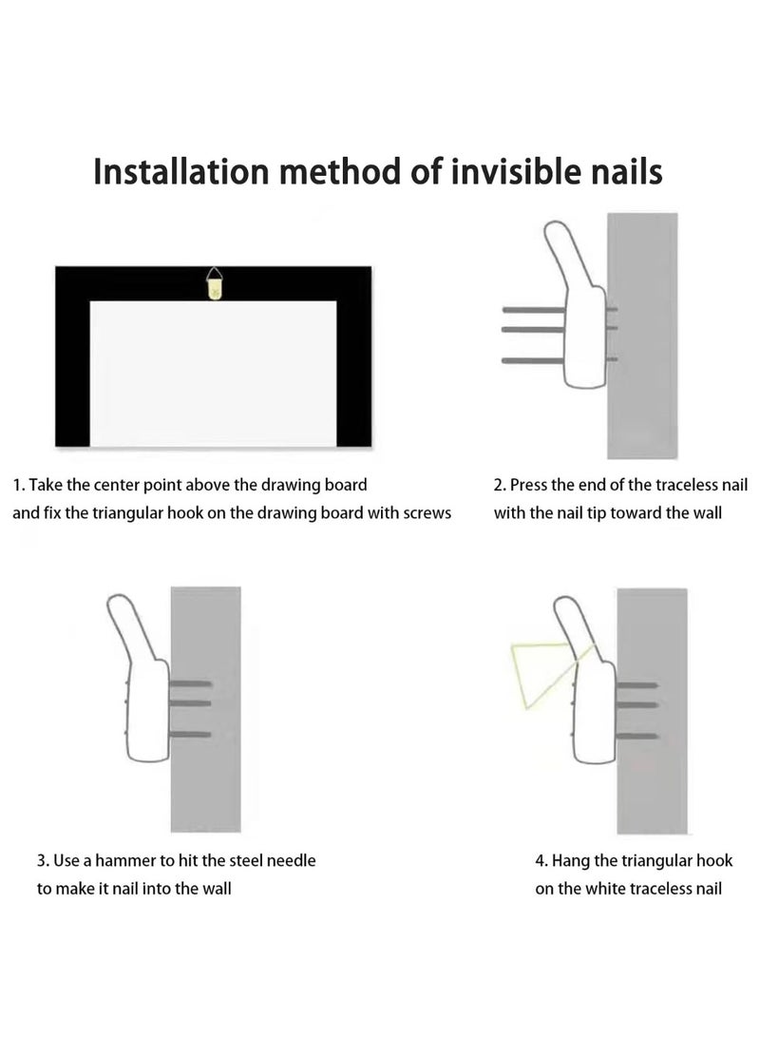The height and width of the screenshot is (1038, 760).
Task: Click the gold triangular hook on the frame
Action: (x=214, y=283)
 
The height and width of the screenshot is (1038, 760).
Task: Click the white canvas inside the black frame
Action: (x=213, y=374)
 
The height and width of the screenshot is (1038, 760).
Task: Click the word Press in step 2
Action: (x=528, y=485)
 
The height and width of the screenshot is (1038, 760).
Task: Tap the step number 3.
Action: (x=43, y=860)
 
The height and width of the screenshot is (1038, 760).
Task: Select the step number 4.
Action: (x=541, y=860)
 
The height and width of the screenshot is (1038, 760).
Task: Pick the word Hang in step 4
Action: (x=571, y=861)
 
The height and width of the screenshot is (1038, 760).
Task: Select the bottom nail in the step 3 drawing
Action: (x=191, y=734)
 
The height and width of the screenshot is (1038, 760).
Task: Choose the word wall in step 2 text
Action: (x=707, y=513)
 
